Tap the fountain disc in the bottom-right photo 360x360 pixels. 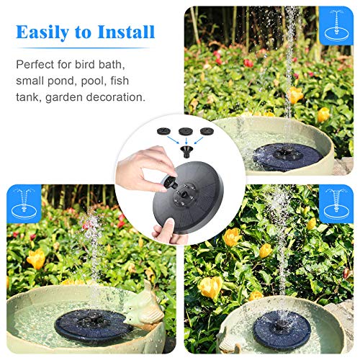pos(283,329)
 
